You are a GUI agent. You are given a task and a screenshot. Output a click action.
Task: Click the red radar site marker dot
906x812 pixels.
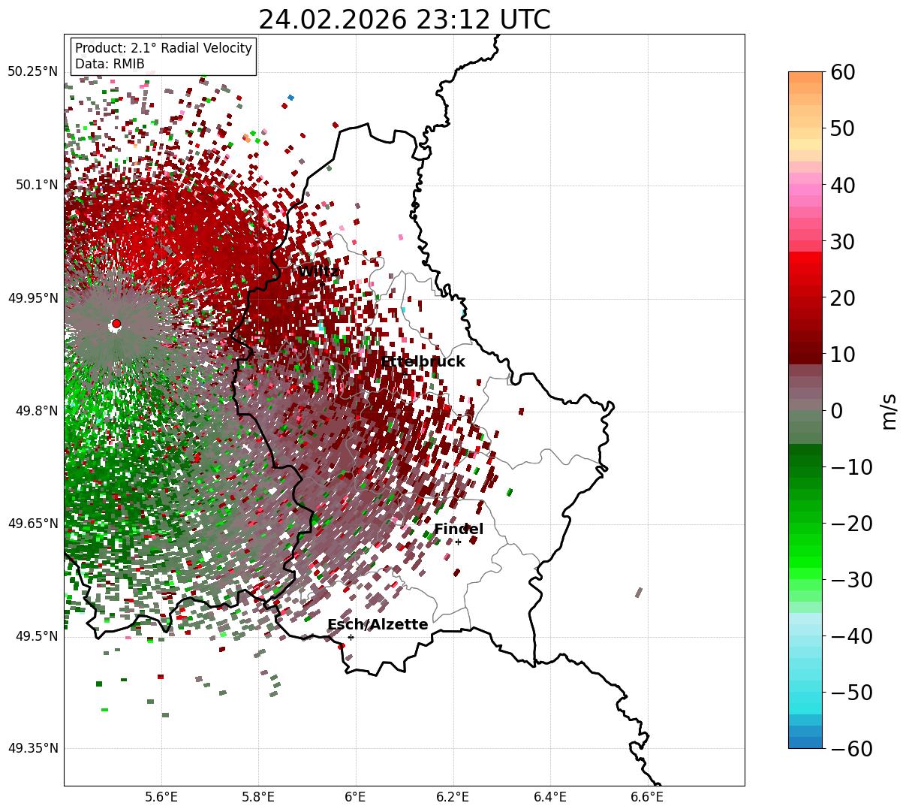pyautogui.click(x=116, y=324)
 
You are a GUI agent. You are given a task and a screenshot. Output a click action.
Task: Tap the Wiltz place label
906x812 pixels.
pyautogui.click(x=318, y=271)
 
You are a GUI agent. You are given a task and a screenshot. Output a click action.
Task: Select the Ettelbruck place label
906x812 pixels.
pyautogui.click(x=423, y=362)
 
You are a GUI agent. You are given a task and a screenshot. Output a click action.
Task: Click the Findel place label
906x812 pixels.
pyautogui.click(x=459, y=530)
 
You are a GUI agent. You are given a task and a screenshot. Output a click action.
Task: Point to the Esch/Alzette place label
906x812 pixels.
pyautogui.click(x=378, y=625)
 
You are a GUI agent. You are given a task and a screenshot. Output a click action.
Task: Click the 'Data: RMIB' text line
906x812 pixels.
pyautogui.click(x=110, y=65)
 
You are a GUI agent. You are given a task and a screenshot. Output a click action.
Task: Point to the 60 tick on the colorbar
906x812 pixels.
pyautogui.click(x=844, y=73)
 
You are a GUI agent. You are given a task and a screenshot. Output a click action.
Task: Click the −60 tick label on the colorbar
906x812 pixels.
pyautogui.click(x=852, y=748)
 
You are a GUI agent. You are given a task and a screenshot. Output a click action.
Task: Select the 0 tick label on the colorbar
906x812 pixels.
pyautogui.click(x=836, y=411)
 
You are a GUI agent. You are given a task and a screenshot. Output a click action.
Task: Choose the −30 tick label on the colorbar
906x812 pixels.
pyautogui.click(x=852, y=580)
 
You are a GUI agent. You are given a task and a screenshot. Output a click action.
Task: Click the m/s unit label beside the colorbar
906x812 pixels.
pyautogui.click(x=889, y=411)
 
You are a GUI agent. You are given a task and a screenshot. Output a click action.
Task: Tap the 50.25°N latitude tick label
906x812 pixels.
pyautogui.click(x=32, y=72)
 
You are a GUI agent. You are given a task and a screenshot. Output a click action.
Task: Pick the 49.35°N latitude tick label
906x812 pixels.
pyautogui.click(x=32, y=748)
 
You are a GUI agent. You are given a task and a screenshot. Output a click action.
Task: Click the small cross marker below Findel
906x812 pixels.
pyautogui.click(x=458, y=542)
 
